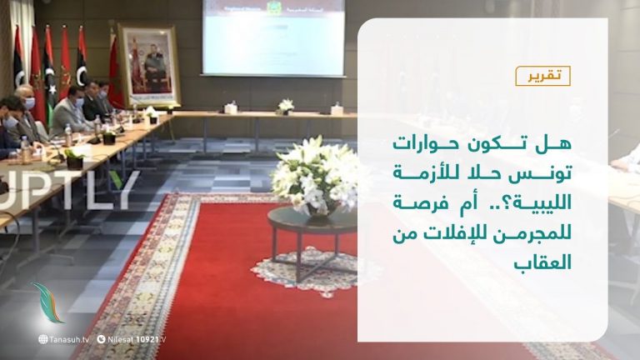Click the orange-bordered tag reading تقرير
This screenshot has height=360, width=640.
click(542, 76)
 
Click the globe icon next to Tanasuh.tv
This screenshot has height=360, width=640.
click(42, 339)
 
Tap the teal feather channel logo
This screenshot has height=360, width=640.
click(50, 304)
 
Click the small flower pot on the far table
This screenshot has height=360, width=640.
click(286, 107)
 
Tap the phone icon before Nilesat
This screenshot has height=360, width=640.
click(101, 339)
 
